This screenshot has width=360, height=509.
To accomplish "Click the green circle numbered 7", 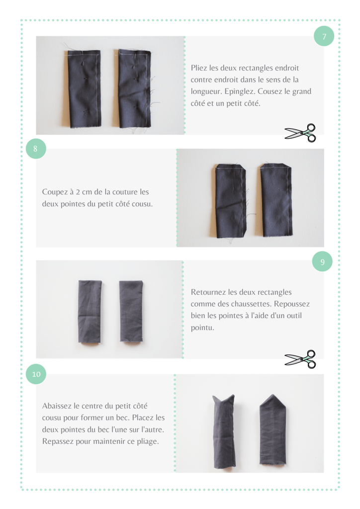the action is click(324, 36).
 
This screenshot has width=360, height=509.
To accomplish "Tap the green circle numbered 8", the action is click(36, 149).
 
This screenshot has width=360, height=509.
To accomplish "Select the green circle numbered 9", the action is click(322, 261).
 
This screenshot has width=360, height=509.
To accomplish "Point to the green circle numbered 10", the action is click(36, 374).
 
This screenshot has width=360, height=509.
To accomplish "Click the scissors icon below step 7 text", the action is click(301, 133).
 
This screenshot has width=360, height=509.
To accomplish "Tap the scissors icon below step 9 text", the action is click(301, 359).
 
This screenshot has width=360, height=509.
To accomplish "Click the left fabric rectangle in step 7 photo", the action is click(85, 88).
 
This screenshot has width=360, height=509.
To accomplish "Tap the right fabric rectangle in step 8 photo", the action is click(276, 200).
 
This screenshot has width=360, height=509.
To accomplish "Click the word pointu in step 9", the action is click(202, 328).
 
